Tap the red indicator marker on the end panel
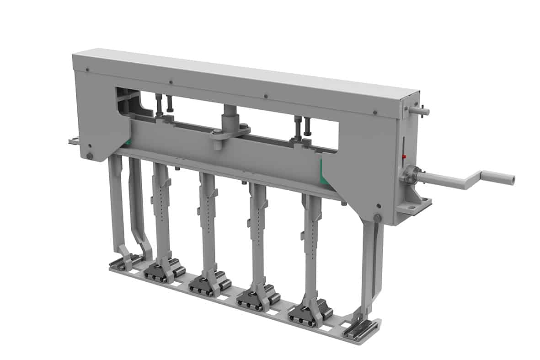[x=404, y=157]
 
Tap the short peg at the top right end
[x=420, y=110]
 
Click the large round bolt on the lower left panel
[x=90, y=156]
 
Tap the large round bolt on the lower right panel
[x=377, y=218]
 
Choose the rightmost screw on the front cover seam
[x=375, y=112]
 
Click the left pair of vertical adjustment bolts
[x=163, y=105]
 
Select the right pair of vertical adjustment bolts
[x=302, y=127]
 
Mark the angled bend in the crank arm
[x=469, y=182]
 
